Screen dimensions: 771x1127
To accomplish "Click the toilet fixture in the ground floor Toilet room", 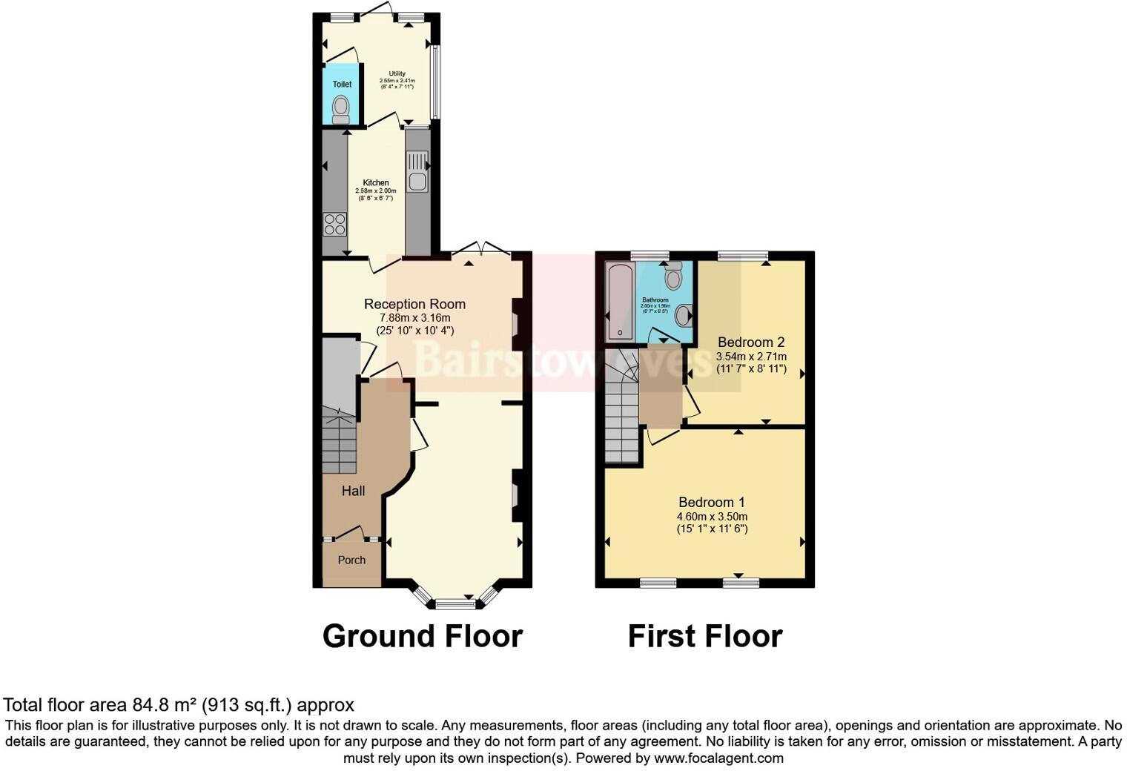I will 341,108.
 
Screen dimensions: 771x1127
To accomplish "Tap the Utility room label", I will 397,74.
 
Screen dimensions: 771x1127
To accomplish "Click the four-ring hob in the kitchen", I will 334,224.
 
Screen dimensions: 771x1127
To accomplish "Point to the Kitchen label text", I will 375,183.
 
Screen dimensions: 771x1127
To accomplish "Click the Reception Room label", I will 414,304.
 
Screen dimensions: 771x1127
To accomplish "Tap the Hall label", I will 353,491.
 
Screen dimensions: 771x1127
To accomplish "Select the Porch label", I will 351,560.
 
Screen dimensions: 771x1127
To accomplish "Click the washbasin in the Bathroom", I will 684,315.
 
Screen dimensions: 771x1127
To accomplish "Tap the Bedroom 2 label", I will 750,343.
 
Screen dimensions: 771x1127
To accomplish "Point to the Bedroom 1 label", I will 711,503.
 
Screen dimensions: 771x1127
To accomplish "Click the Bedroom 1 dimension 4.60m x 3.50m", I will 711,517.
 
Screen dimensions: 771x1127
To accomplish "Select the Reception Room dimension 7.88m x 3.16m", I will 414,318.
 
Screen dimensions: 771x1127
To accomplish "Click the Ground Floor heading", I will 423,636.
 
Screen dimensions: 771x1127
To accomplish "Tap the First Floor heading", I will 705,636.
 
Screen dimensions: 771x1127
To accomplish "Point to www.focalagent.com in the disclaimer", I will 718,758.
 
